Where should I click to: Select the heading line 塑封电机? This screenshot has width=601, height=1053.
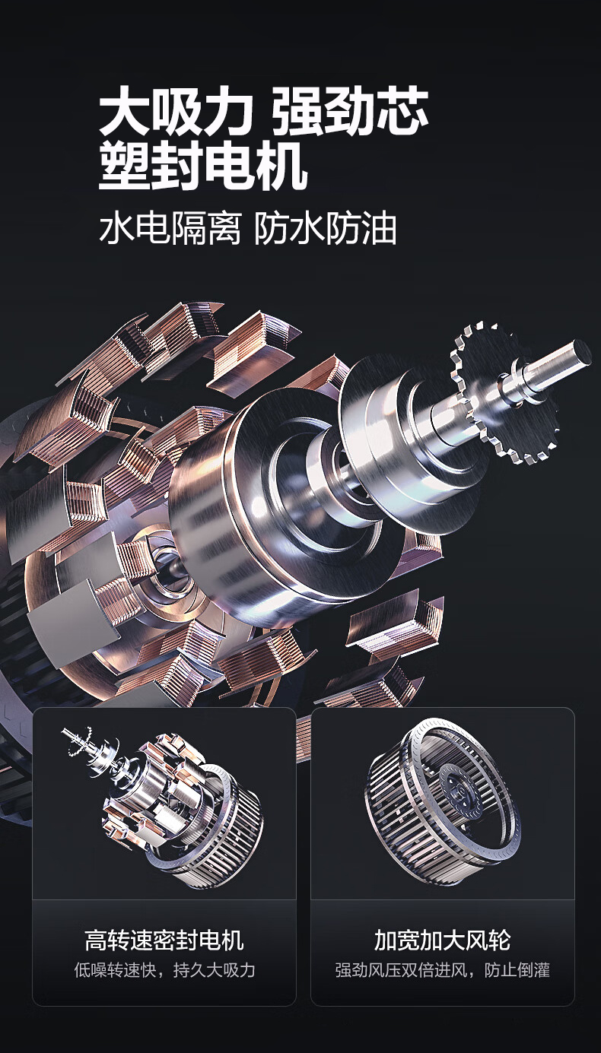tap(203, 166)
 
